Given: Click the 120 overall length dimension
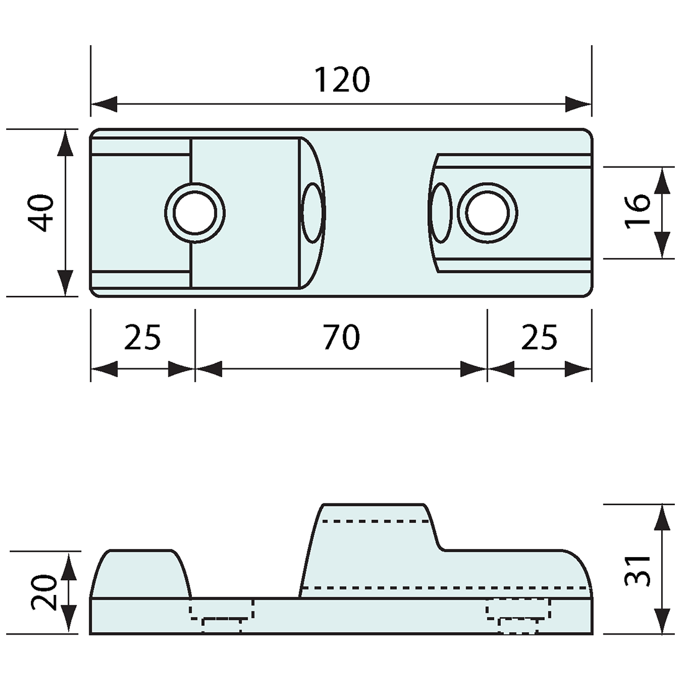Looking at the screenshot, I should [342, 80].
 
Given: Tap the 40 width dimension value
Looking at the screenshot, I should [43, 213].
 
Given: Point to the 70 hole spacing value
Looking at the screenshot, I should [341, 338].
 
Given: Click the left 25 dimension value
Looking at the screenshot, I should [142, 338].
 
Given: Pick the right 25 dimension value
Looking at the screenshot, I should [539, 338].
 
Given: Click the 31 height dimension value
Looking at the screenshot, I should [638, 570].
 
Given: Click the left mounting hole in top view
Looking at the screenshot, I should [195, 214].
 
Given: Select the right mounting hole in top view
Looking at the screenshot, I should [487, 214].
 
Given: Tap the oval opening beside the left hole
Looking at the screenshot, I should [312, 214].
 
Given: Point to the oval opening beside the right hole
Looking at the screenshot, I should [441, 214].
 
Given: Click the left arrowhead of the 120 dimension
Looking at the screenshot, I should [104, 104].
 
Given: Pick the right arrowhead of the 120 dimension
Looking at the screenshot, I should [578, 104].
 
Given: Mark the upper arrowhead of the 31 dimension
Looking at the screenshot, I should [662, 517].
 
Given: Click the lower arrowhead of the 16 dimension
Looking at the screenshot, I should [662, 246].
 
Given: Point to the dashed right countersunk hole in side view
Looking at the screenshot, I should [518, 616].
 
